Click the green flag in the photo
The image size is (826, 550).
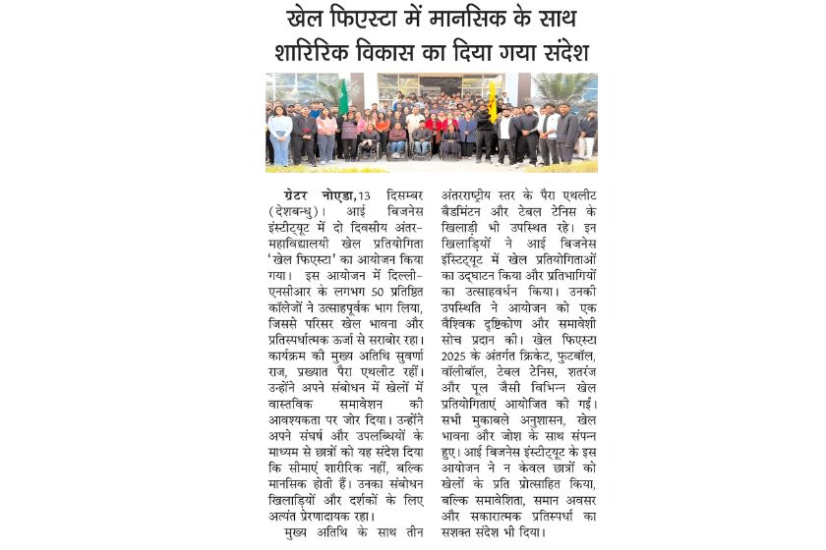(343, 96)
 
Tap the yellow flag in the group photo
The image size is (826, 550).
(493, 98)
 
